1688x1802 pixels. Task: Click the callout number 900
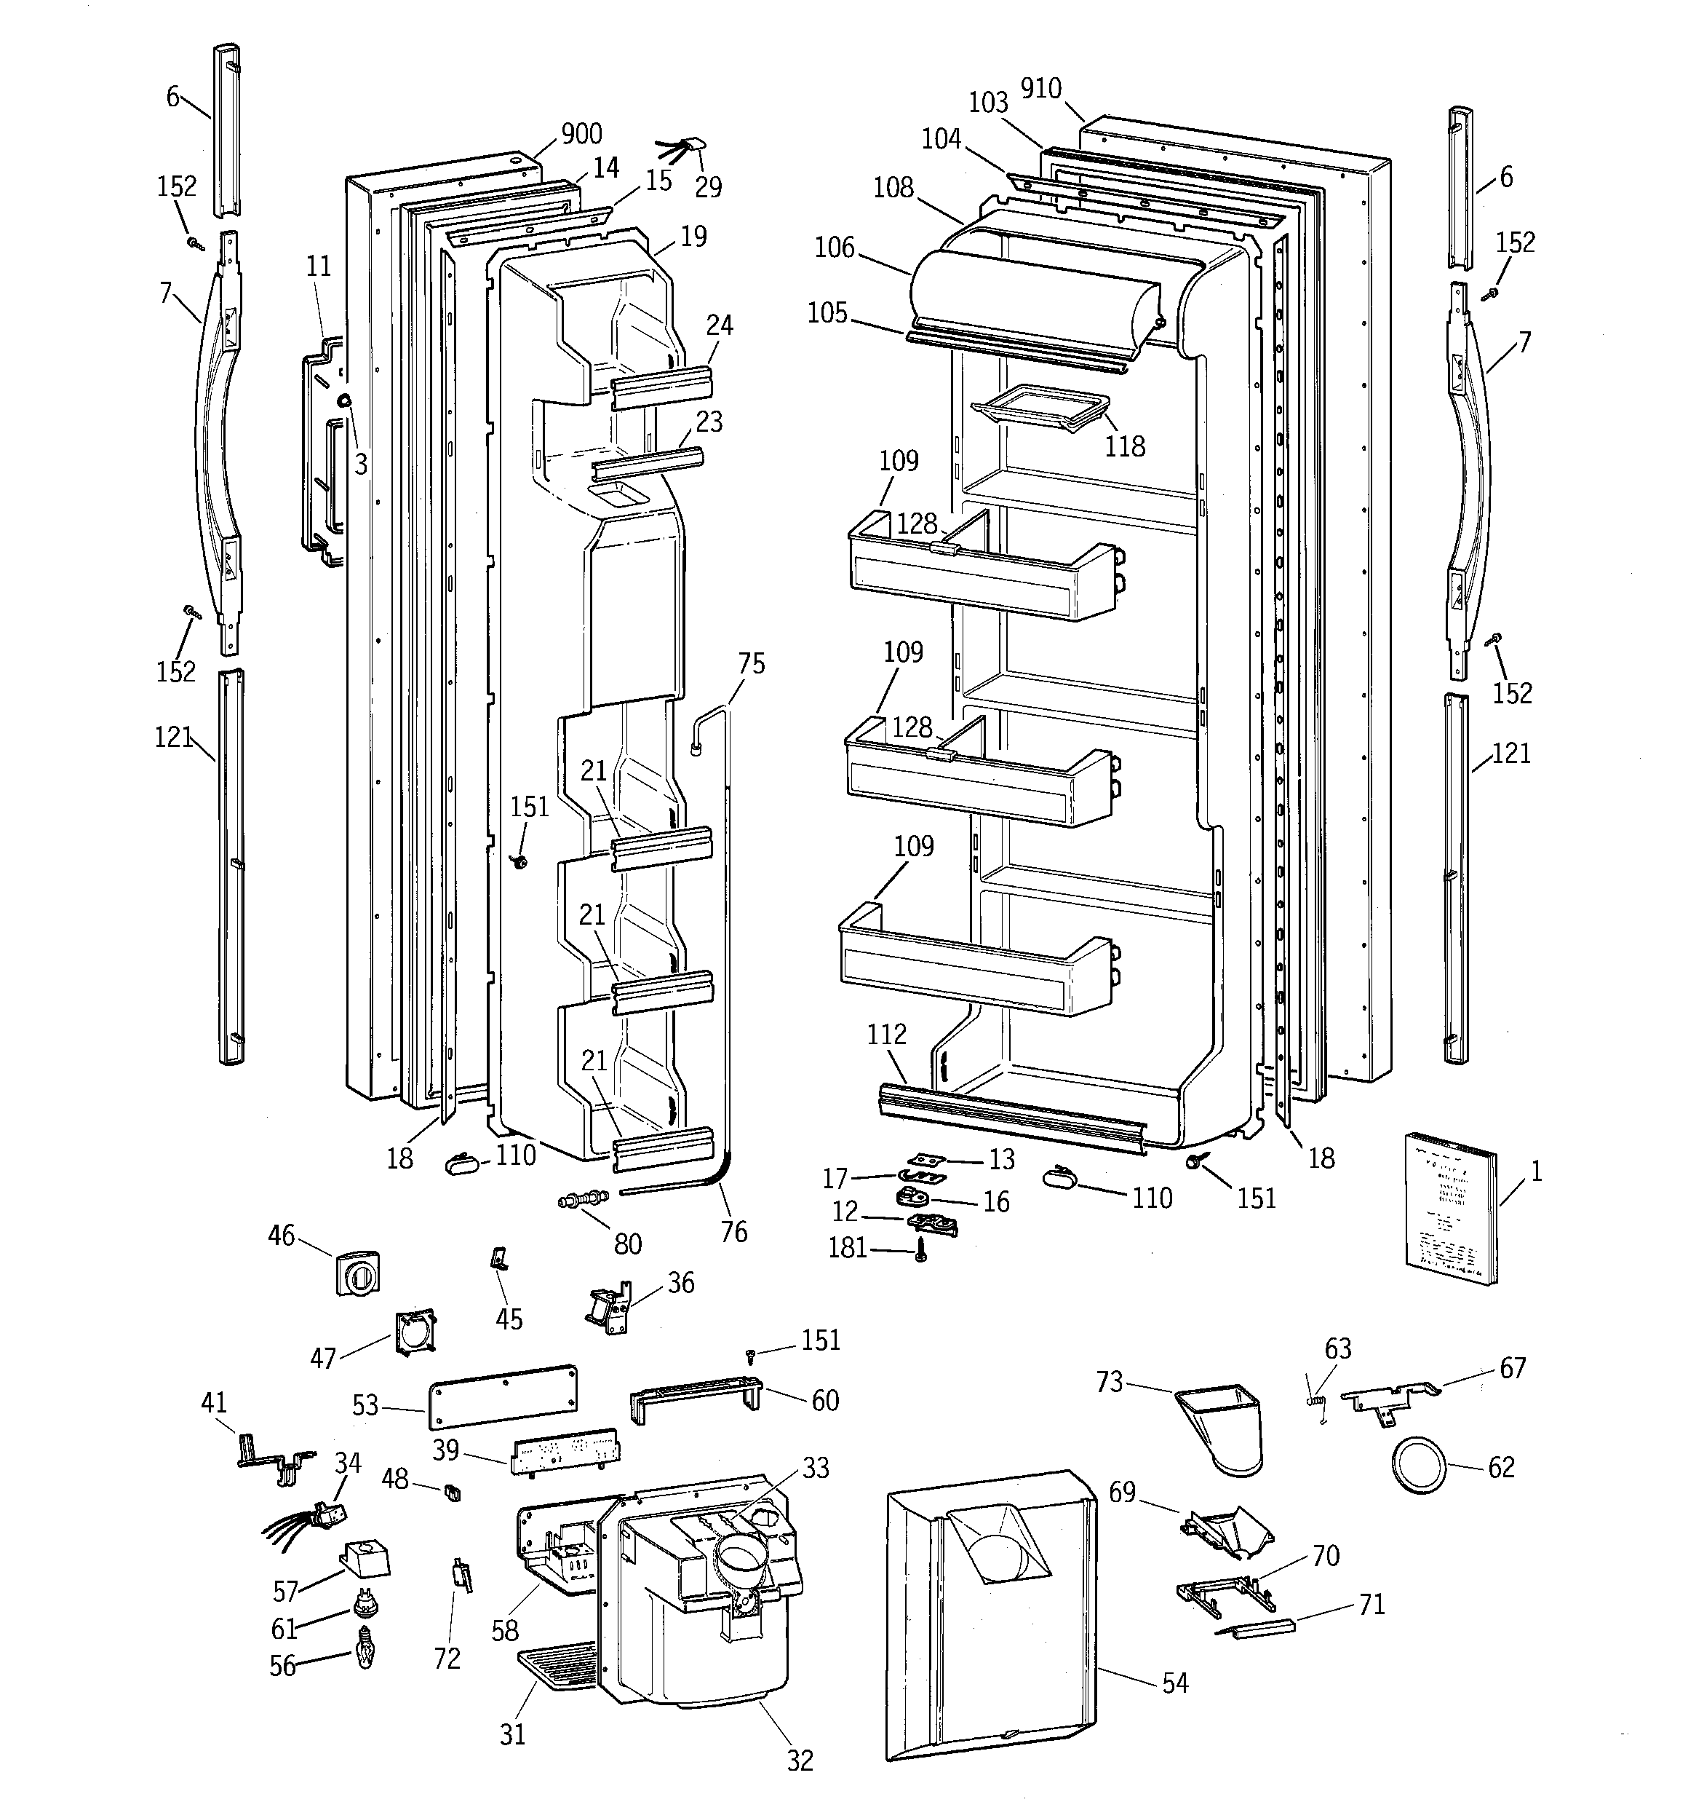coord(581,134)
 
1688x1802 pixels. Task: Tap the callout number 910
coord(1040,88)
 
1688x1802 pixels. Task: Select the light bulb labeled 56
coord(365,1658)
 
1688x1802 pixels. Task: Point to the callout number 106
coord(835,247)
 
